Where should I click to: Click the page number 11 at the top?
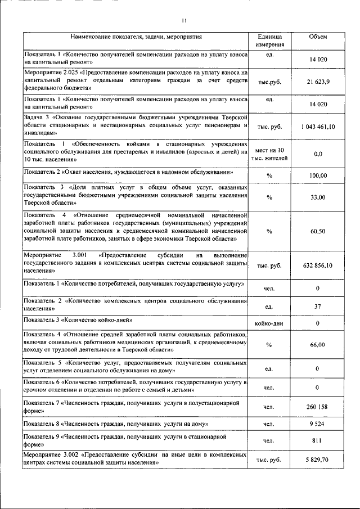tap(184, 21)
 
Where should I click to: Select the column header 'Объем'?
tap(318, 37)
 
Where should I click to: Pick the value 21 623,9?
tap(318, 82)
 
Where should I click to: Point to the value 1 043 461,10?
tap(318, 127)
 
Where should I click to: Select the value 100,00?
tap(318, 176)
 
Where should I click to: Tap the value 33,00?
tap(318, 197)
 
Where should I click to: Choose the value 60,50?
tap(318, 231)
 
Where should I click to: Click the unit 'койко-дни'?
tap(269, 323)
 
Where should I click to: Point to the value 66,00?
tap(318, 344)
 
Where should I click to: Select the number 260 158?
tap(318, 407)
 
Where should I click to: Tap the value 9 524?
tap(318, 424)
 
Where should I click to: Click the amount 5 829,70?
tap(318, 460)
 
